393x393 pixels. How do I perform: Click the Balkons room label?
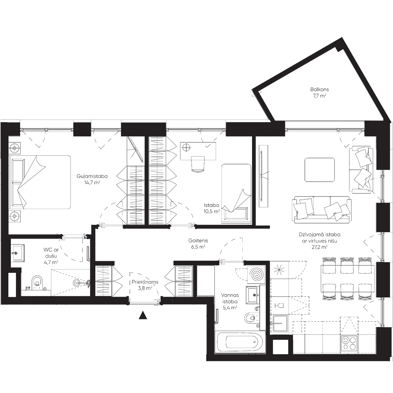[x=319, y=92]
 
